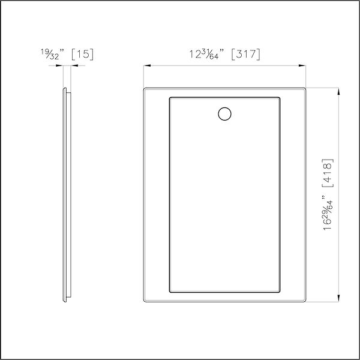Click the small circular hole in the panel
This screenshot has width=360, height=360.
coord(224,114)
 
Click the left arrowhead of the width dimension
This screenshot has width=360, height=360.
coord(146,65)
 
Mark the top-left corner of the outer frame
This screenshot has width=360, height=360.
coord(145,88)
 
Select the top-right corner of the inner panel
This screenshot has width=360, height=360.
coord(281,96)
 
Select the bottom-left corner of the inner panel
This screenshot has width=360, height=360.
coord(170,293)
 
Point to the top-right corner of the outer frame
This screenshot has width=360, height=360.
coord(306,88)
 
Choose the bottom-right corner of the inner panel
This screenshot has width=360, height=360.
coord(281,293)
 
